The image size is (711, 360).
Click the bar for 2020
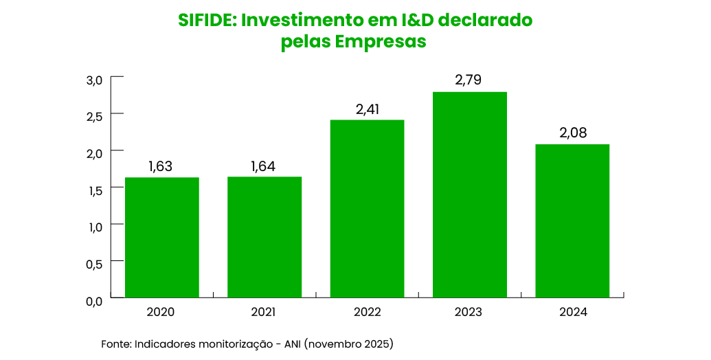(x=161, y=237)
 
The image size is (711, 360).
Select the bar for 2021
(x=264, y=237)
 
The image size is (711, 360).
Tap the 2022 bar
(x=367, y=208)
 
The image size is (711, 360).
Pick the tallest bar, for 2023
(x=470, y=194)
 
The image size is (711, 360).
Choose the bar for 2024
(x=572, y=221)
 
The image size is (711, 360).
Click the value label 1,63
(x=161, y=166)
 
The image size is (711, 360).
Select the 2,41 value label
(x=367, y=109)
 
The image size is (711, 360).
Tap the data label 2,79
(x=469, y=80)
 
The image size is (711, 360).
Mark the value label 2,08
(x=573, y=133)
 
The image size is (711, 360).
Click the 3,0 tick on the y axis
(x=94, y=80)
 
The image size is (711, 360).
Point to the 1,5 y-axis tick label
(x=95, y=190)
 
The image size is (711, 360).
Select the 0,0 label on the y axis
(x=94, y=301)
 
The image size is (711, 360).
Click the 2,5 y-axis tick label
(x=95, y=117)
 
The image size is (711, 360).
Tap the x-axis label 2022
(x=367, y=312)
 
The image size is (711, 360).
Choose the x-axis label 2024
(x=573, y=312)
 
